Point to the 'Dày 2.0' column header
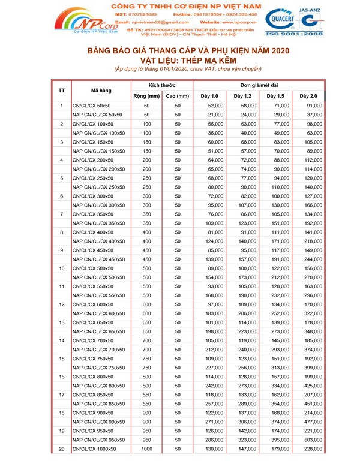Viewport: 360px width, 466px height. pos(308,96)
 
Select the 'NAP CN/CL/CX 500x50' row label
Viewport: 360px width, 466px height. pos(98,278)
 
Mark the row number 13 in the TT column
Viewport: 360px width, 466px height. pos(62,322)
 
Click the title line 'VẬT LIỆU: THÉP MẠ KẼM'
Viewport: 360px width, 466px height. pos(180,61)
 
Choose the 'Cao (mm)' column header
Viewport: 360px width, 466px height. pos(178,96)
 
